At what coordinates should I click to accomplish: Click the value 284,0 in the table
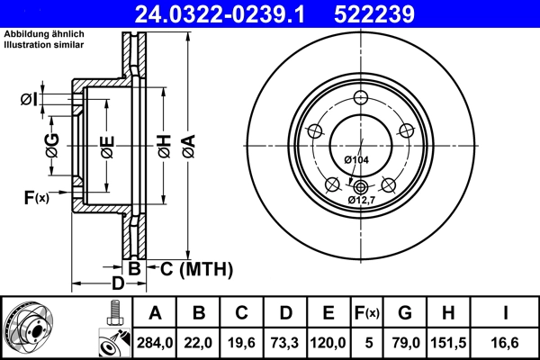click(155, 341)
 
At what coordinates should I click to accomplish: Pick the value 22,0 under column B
click(199, 341)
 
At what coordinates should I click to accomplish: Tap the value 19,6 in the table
click(242, 341)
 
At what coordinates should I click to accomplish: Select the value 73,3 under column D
click(285, 341)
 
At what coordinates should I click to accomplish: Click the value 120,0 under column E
click(328, 341)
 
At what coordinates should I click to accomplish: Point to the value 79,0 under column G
click(405, 341)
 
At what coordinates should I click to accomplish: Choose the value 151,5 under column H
click(449, 341)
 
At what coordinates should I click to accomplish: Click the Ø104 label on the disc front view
click(356, 159)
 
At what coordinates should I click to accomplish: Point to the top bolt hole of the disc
click(360, 99)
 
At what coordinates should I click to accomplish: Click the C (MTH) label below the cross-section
click(196, 268)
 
